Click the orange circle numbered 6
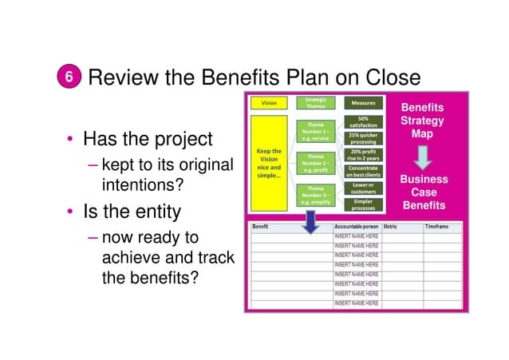(69, 77)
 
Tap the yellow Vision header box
(270, 102)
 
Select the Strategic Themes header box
(316, 102)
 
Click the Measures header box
(363, 102)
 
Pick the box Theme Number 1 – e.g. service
(316, 132)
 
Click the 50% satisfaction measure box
(363, 121)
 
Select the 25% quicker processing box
(363, 138)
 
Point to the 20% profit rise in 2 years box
(363, 155)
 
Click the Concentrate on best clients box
(363, 172)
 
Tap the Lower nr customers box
(363, 188)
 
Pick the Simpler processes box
(363, 204)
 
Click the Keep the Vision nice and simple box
(269, 163)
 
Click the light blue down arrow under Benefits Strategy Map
(424, 153)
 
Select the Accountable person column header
(356, 227)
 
